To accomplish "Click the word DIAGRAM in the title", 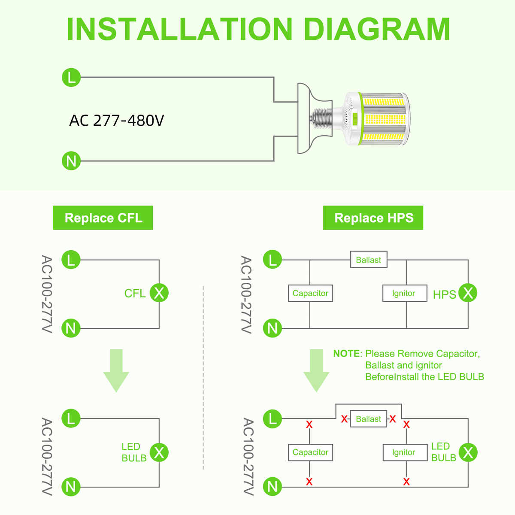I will pyautogui.click(x=377, y=29).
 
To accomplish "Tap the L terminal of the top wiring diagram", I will pyautogui.click(x=71, y=78).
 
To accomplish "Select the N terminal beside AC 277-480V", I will pyautogui.click(x=71, y=161).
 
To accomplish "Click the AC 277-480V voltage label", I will pyautogui.click(x=117, y=121).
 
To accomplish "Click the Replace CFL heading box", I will pyautogui.click(x=103, y=218).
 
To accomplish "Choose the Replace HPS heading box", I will pyautogui.click(x=373, y=218).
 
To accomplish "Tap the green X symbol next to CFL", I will pyautogui.click(x=159, y=293).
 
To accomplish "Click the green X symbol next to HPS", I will pyautogui.click(x=468, y=293).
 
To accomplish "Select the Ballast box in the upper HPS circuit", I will pyautogui.click(x=369, y=260).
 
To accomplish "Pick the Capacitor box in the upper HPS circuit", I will pyautogui.click(x=310, y=294).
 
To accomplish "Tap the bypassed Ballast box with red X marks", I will pyautogui.click(x=369, y=419).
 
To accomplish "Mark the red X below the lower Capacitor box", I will pyautogui.click(x=309, y=482).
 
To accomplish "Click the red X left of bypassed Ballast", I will pyautogui.click(x=344, y=419).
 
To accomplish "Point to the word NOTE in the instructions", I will pyautogui.click(x=347, y=354).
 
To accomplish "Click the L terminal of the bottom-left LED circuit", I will pyautogui.click(x=71, y=418).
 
